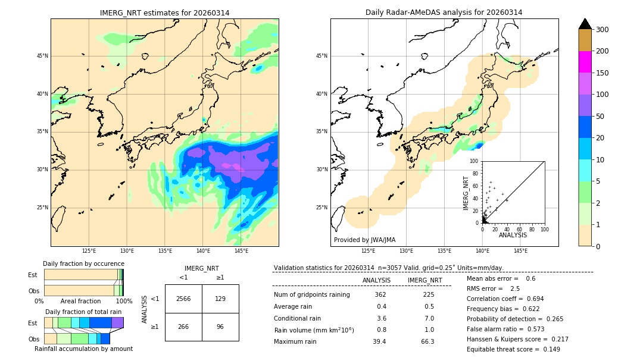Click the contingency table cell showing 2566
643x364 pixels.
pyautogui.click(x=183, y=299)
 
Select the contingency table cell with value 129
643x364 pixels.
pyautogui.click(x=220, y=299)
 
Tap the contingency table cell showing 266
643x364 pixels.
pyautogui.click(x=183, y=327)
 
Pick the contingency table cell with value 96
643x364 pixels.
pyautogui.click(x=220, y=327)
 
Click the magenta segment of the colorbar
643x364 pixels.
pyautogui.click(x=585, y=62)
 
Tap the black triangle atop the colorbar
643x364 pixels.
pyautogui.click(x=585, y=24)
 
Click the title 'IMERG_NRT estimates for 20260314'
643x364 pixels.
pyautogui.click(x=164, y=12)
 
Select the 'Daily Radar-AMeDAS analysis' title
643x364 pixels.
pyautogui.click(x=444, y=12)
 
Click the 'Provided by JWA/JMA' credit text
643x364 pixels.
pyautogui.click(x=364, y=240)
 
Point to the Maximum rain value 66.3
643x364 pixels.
pyautogui.click(x=427, y=342)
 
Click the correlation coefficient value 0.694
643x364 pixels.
pyautogui.click(x=531, y=299)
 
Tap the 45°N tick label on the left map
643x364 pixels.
pyautogui.click(x=42, y=56)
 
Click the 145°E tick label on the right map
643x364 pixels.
pyautogui.click(x=520, y=251)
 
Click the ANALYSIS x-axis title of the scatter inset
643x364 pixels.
pyautogui.click(x=513, y=236)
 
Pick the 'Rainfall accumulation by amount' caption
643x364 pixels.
pyautogui.click(x=83, y=349)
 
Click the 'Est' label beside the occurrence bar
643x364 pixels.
pyautogui.click(x=33, y=275)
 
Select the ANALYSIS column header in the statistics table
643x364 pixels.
pyautogui.click(x=376, y=281)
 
